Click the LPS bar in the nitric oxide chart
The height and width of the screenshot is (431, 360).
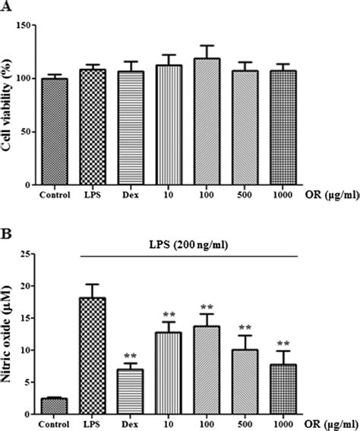pyautogui.click(x=93, y=354)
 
